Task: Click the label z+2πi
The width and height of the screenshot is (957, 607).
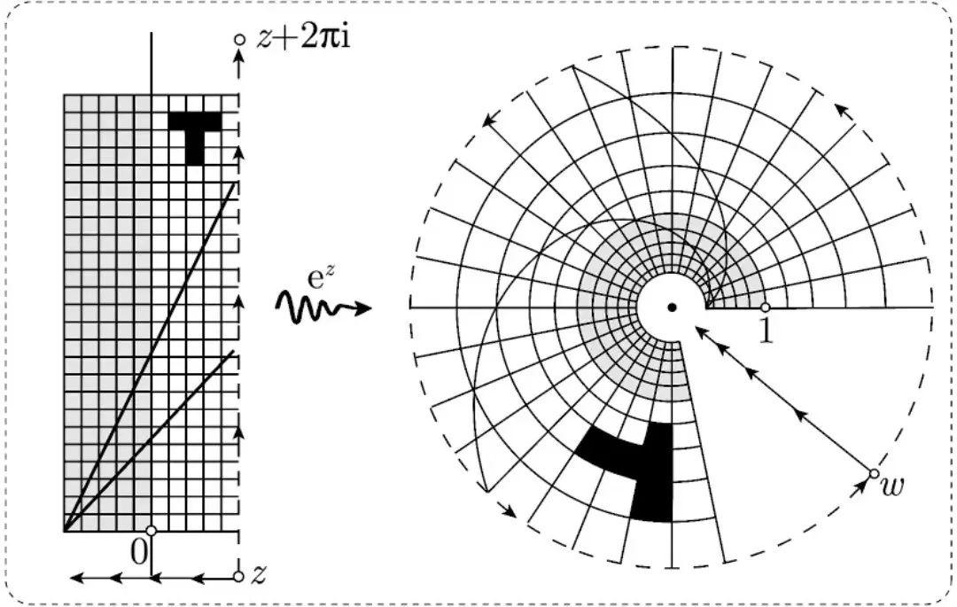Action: tap(301, 40)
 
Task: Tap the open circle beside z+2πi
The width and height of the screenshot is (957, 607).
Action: tap(238, 40)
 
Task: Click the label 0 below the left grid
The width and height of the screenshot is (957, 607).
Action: tap(138, 551)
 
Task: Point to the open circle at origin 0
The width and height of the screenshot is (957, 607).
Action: tap(152, 531)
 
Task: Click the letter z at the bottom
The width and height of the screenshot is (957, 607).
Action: tap(259, 576)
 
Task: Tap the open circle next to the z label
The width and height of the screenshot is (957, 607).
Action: tap(238, 577)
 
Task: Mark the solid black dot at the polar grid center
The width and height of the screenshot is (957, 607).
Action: tap(672, 307)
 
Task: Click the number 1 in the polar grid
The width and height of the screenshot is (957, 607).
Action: tap(767, 329)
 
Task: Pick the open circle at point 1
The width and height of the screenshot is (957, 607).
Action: tap(766, 307)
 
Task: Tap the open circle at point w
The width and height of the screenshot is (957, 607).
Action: tap(874, 472)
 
